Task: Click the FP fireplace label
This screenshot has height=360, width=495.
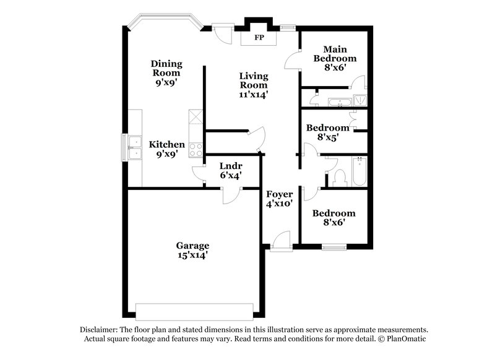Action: [x=258, y=38]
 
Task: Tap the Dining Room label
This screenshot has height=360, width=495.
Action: [x=167, y=68]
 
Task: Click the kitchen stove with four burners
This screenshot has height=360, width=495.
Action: [x=196, y=148]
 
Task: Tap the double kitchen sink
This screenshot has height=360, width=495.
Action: [x=134, y=147]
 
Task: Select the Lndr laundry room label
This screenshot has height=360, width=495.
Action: [x=230, y=166]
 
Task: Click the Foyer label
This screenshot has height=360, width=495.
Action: [x=278, y=194]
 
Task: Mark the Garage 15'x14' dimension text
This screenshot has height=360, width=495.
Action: [x=192, y=255]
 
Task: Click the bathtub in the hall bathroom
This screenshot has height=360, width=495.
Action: [x=359, y=171]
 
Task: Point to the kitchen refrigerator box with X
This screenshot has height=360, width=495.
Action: [x=196, y=116]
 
